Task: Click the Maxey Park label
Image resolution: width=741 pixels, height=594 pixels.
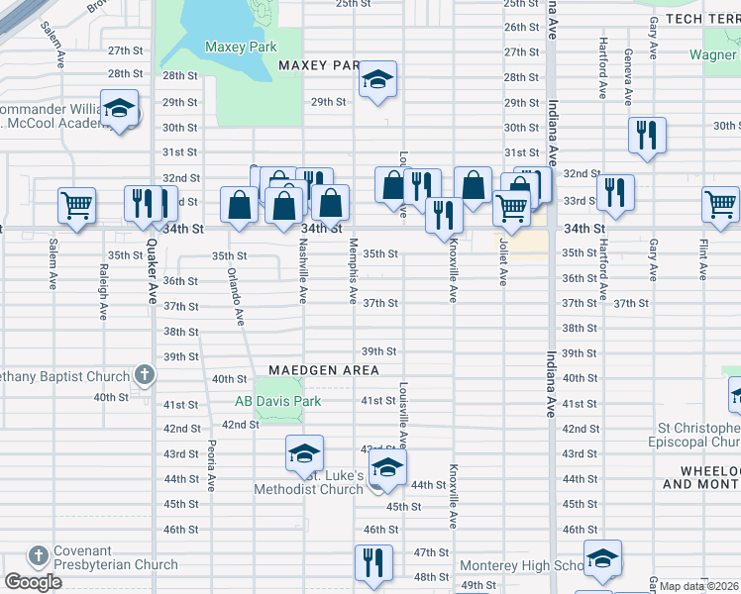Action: [239, 47]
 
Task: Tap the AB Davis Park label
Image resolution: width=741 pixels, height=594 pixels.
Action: [277, 402]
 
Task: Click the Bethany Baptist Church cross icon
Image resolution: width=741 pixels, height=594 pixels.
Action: [145, 375]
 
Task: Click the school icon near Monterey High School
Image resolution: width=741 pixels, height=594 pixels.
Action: [602, 559]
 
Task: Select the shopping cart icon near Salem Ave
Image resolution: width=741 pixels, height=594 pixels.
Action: [76, 206]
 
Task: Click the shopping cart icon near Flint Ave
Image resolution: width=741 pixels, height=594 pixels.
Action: [720, 205]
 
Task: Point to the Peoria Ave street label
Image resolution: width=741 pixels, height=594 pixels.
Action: [211, 466]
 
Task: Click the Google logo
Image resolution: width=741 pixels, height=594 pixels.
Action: [33, 582]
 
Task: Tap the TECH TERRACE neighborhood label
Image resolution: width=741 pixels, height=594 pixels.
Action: [702, 19]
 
